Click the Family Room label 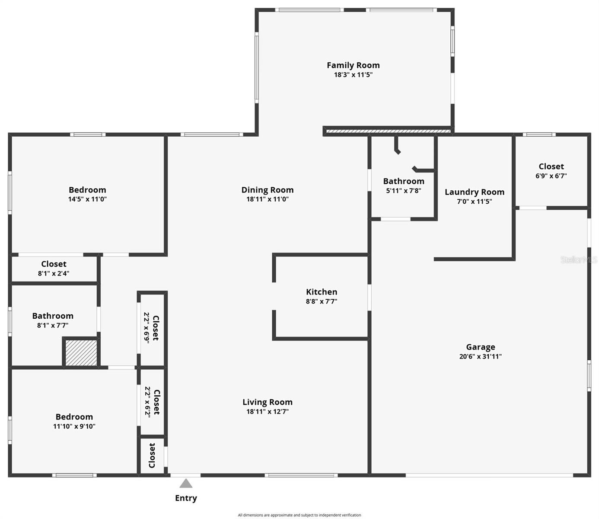pyautogui.click(x=353, y=65)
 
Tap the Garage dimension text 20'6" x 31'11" pyautogui.click(x=480, y=356)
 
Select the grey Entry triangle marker pyautogui.click(x=186, y=483)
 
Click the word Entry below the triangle pyautogui.click(x=186, y=498)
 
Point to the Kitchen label pyautogui.click(x=322, y=292)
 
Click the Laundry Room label pyautogui.click(x=475, y=192)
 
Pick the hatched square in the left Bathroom pyautogui.click(x=81, y=352)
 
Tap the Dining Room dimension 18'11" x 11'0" pyautogui.click(x=267, y=199)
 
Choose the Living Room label pyautogui.click(x=267, y=402)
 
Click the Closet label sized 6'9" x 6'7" pyautogui.click(x=551, y=167)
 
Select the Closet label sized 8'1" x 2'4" pyautogui.click(x=54, y=264)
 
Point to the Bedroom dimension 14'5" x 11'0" pyautogui.click(x=87, y=199)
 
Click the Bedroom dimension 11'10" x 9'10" pyautogui.click(x=74, y=426)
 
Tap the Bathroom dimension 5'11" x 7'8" pyautogui.click(x=403, y=190)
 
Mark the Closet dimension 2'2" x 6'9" pyautogui.click(x=147, y=328)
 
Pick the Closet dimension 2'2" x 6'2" pyautogui.click(x=147, y=402)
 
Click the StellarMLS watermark pyautogui.click(x=578, y=259)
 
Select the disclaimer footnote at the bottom pyautogui.click(x=299, y=515)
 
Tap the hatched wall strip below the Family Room pyautogui.click(x=388, y=131)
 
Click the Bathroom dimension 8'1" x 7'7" pyautogui.click(x=52, y=326)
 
